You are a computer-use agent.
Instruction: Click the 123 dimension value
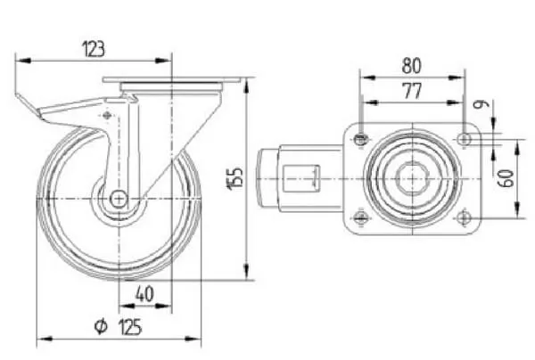pyautogui.click(x=94, y=49)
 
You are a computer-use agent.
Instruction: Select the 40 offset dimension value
pyautogui.click(x=144, y=294)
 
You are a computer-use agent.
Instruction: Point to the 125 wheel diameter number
pyautogui.click(x=130, y=327)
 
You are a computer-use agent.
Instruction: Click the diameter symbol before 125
pyautogui.click(x=101, y=327)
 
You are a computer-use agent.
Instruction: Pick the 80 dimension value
pyautogui.click(x=411, y=66)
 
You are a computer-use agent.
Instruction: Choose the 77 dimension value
pyautogui.click(x=412, y=91)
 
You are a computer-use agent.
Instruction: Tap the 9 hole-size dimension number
pyautogui.click(x=481, y=104)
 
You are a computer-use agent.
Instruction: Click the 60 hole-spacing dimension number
pyautogui.click(x=506, y=178)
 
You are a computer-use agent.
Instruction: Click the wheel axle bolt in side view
pyautogui.click(x=119, y=199)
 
